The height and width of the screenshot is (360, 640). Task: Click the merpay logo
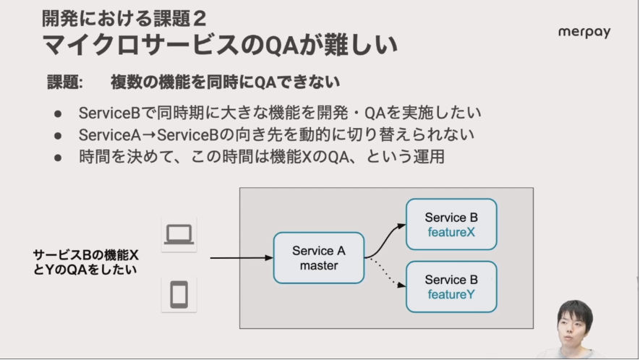(x=584, y=33)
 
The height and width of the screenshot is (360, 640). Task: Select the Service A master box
(x=319, y=258)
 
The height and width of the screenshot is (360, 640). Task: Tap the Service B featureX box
(x=451, y=225)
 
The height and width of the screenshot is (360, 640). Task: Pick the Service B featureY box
(x=451, y=287)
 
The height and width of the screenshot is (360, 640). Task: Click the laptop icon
(x=179, y=234)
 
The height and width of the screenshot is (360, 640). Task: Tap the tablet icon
(x=179, y=294)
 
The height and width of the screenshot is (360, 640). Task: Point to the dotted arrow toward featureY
(x=385, y=273)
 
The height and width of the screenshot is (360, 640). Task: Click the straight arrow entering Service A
(x=242, y=257)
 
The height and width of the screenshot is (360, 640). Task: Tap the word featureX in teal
(x=451, y=232)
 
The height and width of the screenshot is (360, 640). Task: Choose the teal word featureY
(x=451, y=294)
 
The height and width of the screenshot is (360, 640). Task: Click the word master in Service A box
(x=319, y=266)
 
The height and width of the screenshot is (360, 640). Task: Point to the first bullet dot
(x=58, y=114)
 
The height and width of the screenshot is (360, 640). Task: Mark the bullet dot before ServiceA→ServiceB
(x=58, y=135)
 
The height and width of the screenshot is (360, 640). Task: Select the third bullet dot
(x=58, y=158)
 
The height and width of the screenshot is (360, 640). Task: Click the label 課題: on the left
(x=65, y=82)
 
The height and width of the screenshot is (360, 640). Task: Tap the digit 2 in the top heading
(x=200, y=19)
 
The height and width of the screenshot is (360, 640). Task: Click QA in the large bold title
(x=281, y=46)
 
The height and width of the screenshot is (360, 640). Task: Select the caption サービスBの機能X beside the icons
(x=86, y=255)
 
